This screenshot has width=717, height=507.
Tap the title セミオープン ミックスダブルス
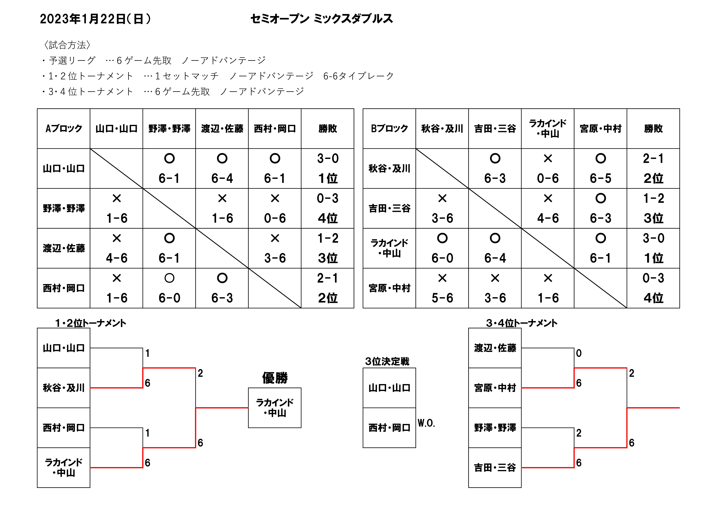(x=322, y=19)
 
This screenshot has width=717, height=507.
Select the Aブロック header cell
(x=64, y=128)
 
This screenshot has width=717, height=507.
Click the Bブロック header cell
(x=389, y=128)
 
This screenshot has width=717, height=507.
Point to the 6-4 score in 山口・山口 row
(x=222, y=178)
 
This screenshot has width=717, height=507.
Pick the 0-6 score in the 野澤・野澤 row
(x=275, y=218)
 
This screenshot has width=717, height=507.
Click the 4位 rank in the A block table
(x=328, y=218)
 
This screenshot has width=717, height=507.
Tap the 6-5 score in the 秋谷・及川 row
(x=601, y=178)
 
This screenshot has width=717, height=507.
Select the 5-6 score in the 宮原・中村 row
(x=442, y=298)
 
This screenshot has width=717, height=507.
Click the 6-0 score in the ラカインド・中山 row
(x=442, y=258)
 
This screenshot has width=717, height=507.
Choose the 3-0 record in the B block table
(x=653, y=238)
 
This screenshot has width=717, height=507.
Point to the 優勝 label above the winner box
(x=275, y=378)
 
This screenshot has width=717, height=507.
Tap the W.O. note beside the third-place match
(x=426, y=423)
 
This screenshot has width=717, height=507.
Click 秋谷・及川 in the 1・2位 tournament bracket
(x=64, y=388)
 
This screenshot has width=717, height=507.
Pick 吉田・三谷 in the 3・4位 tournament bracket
(x=495, y=468)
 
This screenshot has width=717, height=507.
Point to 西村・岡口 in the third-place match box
(x=389, y=428)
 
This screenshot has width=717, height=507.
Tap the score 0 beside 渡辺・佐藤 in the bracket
(x=579, y=353)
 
